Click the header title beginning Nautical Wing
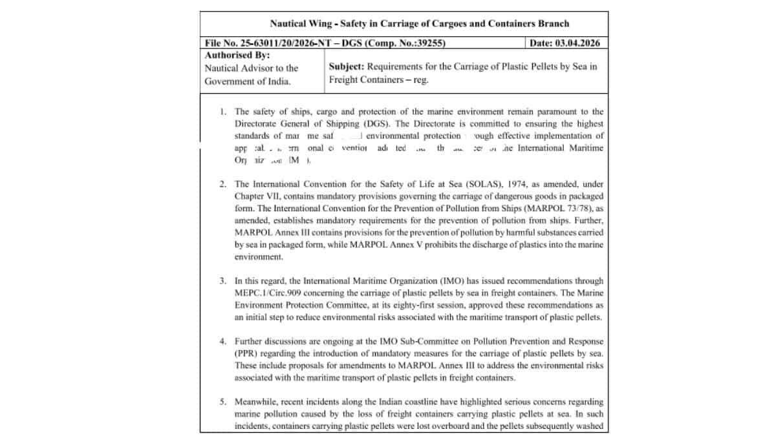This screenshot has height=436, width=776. pos(419,24)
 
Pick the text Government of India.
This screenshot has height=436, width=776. pos(248,81)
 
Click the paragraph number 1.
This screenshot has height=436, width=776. pos(222,112)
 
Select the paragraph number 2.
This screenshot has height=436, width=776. pos(222,183)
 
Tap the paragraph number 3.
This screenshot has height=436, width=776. pos(222,281)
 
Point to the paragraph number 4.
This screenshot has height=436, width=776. pos(222,340)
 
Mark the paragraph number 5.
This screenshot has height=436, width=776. pos(222,402)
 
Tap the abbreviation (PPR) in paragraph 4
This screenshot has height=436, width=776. pos(246,353)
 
